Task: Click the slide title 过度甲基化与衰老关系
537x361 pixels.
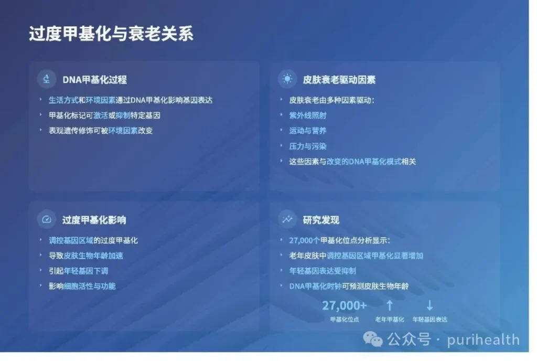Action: coord(111,34)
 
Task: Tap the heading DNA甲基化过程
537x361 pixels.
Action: coord(94,80)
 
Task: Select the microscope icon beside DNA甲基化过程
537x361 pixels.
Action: coord(47,79)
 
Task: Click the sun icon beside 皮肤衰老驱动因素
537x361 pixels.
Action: coord(287,79)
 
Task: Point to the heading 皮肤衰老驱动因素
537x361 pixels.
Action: coord(339,80)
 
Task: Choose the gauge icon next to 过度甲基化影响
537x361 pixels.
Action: coord(47,219)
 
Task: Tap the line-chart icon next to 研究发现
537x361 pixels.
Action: coord(287,219)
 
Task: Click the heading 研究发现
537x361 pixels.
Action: coord(321,220)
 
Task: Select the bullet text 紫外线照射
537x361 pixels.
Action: coord(307,115)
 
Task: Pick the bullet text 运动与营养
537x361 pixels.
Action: coord(307,131)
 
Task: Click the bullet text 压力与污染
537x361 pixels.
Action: coord(307,146)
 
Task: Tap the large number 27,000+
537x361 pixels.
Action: coord(345,305)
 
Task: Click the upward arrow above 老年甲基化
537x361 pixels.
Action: coord(390,305)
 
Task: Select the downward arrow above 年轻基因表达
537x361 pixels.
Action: coord(429,305)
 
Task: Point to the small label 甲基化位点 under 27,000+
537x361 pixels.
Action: coord(345,320)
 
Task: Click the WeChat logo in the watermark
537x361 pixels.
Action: coord(373,339)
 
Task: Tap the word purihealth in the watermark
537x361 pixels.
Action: coord(483,340)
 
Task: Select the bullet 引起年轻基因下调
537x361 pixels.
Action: coord(79,271)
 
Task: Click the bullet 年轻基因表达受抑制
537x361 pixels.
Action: coord(323,271)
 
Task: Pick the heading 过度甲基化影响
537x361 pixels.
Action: coord(94,220)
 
